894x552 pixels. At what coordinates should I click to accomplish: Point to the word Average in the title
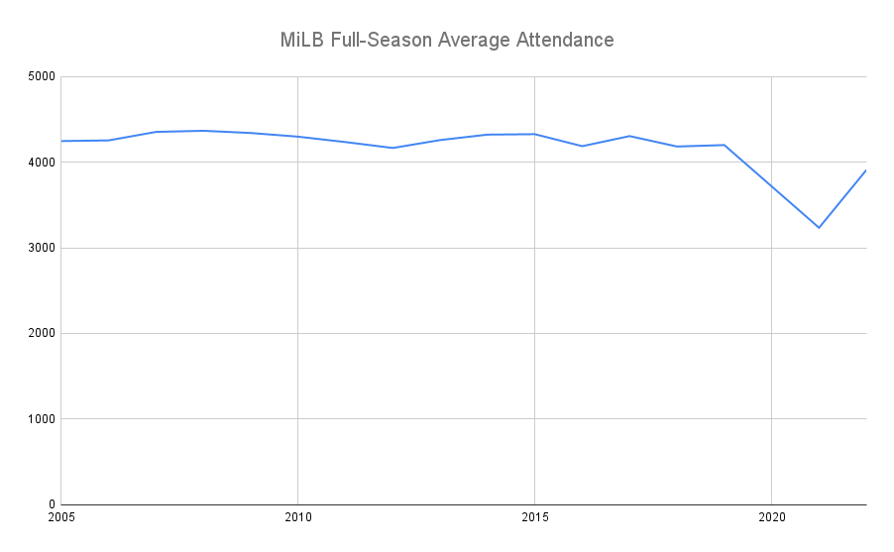473,41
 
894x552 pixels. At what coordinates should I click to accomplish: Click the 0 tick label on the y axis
51,504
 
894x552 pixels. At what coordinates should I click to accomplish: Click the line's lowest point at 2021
819,228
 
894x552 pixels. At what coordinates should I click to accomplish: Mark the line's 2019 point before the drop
725,145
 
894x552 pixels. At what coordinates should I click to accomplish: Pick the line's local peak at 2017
629,136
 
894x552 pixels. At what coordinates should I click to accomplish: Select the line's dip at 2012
392,148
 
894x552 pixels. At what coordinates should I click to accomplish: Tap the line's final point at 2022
865,170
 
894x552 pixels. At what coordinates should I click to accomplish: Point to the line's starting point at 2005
61,141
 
